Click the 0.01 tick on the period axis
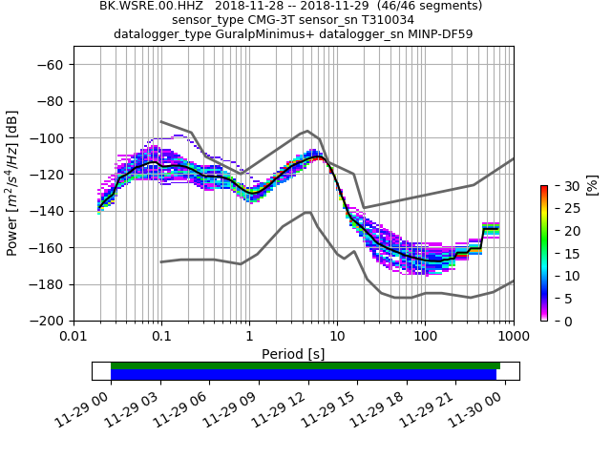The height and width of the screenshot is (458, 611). (x=74, y=336)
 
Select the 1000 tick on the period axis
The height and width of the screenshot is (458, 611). (x=513, y=336)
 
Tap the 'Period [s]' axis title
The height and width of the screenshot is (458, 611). (x=293, y=353)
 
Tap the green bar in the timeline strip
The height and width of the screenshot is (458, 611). (x=305, y=365)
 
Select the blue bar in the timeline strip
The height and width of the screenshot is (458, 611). (x=304, y=374)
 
